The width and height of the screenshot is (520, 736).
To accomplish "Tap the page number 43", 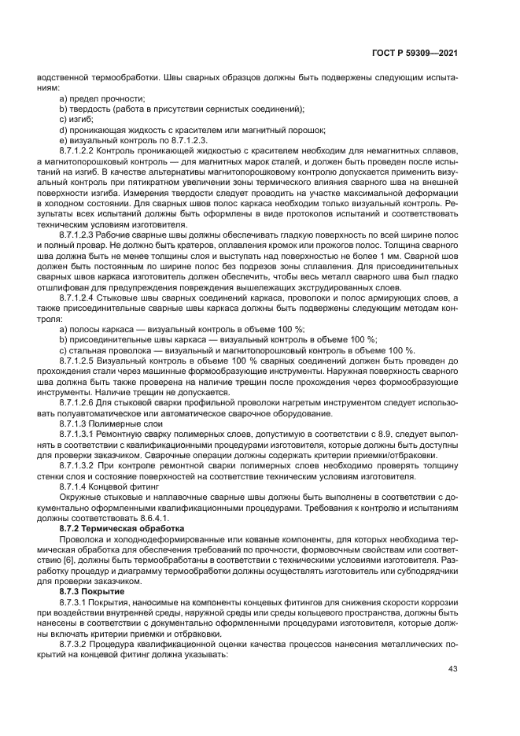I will tap(452, 669).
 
